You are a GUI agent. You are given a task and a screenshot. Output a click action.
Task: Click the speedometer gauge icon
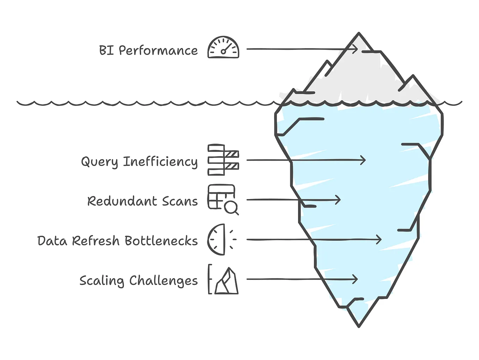pos(223,48)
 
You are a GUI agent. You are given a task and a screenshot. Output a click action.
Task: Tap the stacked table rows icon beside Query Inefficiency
pos(223,160)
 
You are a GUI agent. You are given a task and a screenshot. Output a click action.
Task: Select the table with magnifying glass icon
pos(223,199)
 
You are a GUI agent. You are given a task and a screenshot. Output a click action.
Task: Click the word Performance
pos(158,51)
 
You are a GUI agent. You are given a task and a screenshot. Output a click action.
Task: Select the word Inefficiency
pos(160,162)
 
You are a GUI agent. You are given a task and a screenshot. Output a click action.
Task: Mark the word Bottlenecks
pos(161,241)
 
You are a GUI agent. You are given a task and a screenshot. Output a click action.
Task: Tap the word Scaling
pos(102,281)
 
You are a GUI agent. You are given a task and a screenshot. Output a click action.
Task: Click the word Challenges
pos(163,281)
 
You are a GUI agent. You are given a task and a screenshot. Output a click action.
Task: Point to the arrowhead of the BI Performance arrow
pos(356,49)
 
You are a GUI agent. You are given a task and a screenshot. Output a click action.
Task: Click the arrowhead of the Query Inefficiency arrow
pos(363,160)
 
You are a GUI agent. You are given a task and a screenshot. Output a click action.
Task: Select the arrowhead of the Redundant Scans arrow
pos(338,200)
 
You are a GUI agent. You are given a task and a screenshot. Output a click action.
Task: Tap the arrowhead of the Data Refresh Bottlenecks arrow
pos(379,240)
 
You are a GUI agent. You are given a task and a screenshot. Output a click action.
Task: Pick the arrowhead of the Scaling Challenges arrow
pos(356,280)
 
